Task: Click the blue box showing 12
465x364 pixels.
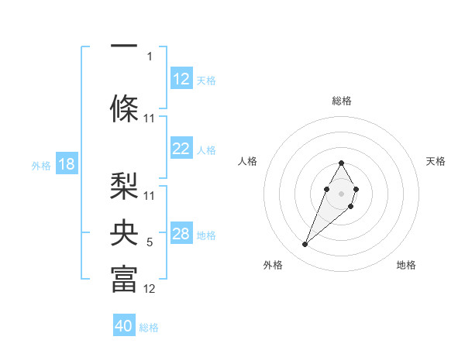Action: click(181, 79)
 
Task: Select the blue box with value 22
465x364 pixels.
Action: click(181, 149)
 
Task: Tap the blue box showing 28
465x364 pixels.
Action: click(181, 234)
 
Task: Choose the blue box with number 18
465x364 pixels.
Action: click(66, 164)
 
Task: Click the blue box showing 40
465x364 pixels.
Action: click(124, 326)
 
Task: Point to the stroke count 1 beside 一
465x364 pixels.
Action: click(150, 56)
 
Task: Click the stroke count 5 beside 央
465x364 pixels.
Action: click(150, 243)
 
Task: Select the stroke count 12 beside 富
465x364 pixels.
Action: click(150, 290)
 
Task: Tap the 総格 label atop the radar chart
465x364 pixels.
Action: click(342, 101)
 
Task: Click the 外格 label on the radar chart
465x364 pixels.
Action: click(272, 266)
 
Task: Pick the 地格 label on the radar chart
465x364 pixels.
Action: click(406, 266)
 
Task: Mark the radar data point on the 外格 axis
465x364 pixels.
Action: click(305, 245)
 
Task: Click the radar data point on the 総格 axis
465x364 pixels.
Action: click(342, 163)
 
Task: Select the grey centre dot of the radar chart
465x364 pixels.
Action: click(341, 192)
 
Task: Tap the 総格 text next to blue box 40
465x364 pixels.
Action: click(149, 328)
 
